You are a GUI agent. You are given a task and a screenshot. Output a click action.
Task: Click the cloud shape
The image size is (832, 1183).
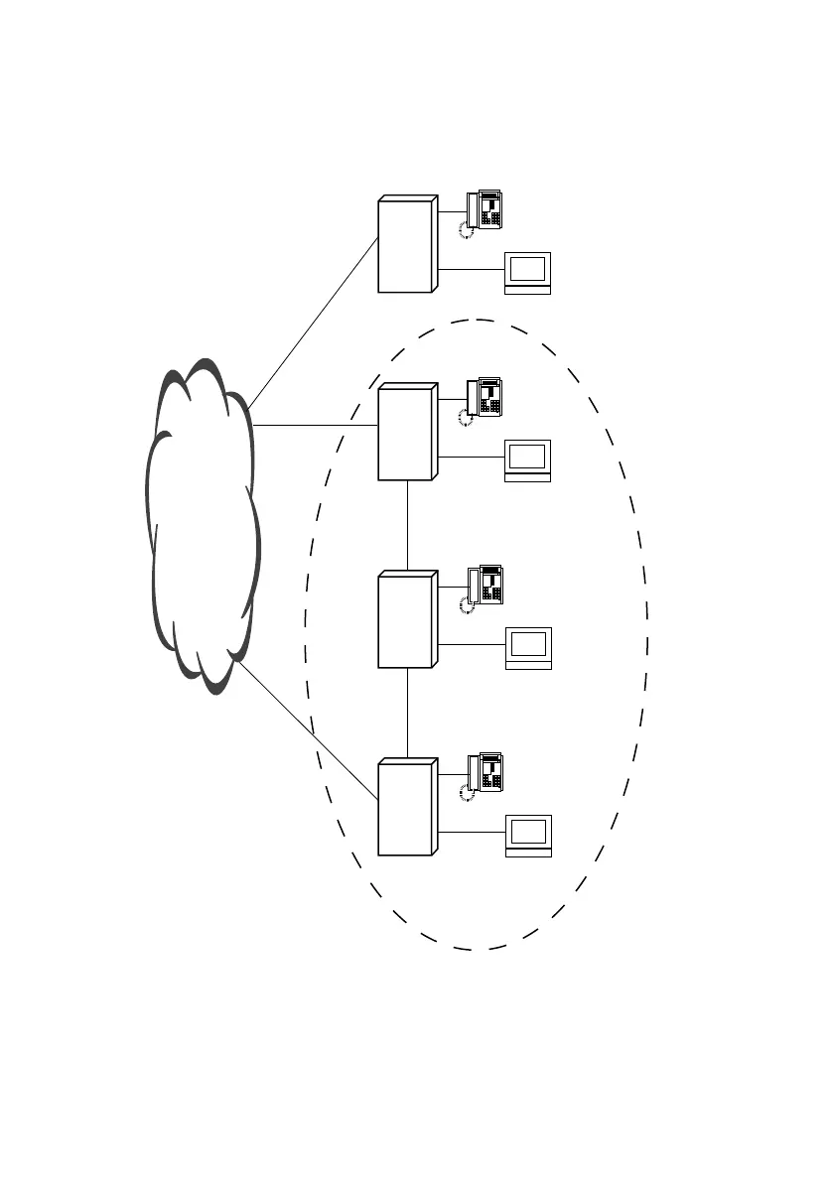click(x=204, y=526)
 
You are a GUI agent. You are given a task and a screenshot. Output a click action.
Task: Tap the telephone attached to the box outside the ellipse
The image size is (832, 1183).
click(x=485, y=208)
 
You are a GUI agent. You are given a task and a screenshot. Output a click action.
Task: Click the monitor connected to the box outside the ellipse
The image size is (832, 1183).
click(x=527, y=271)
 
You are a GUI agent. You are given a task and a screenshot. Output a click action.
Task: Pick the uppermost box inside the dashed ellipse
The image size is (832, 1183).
click(x=405, y=435)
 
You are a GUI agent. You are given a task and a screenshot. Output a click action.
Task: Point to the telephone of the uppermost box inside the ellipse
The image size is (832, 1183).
click(x=485, y=396)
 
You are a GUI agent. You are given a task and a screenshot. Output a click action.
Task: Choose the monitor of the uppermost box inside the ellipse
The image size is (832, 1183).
click(x=527, y=459)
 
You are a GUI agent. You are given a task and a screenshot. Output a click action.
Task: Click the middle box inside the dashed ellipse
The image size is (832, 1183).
click(x=405, y=621)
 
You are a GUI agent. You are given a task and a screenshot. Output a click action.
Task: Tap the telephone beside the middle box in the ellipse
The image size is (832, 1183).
click(x=485, y=585)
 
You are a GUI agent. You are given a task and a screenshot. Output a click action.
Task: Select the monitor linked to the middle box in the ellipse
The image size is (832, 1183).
click(x=527, y=647)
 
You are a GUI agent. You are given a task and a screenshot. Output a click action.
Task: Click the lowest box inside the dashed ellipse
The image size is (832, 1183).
click(x=405, y=809)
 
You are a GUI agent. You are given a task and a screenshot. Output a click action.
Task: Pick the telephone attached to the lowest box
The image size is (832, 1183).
click(x=485, y=772)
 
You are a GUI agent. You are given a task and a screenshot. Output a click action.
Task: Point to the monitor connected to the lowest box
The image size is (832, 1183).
click(x=527, y=835)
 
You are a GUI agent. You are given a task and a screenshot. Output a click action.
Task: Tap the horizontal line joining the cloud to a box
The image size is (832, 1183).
click(x=316, y=425)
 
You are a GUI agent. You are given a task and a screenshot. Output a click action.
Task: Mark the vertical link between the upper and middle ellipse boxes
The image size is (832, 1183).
click(x=408, y=526)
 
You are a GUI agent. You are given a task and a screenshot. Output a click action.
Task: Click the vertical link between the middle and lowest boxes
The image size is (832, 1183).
click(x=408, y=714)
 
